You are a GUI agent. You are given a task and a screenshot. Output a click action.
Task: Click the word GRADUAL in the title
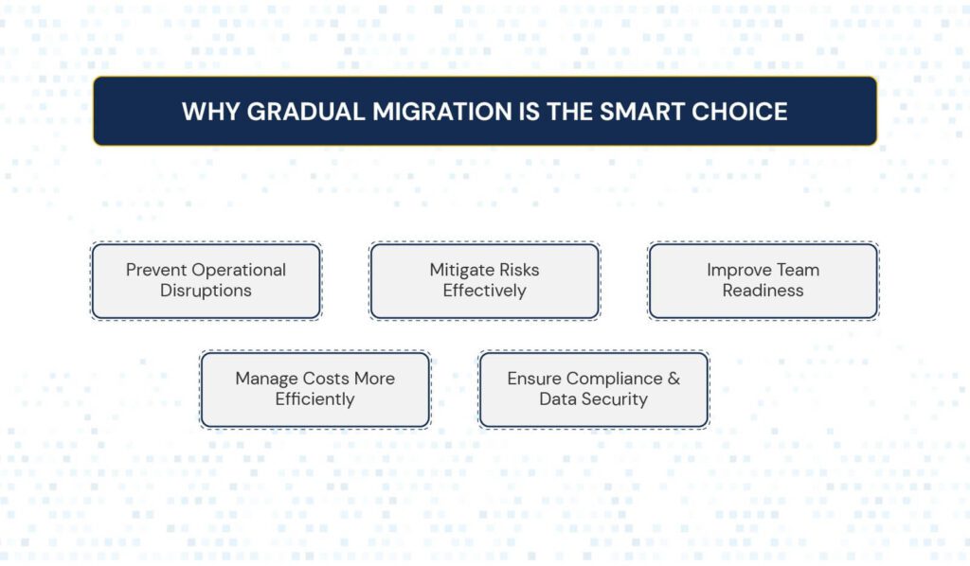coord(306,112)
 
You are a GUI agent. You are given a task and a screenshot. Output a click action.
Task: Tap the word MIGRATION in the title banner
coord(442,112)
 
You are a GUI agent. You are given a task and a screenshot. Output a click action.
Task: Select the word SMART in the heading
coord(641,112)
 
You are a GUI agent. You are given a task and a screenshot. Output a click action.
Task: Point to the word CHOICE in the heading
coord(739,112)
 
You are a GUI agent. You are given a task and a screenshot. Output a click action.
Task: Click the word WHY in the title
coord(210,112)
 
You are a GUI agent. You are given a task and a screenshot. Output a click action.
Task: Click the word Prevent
coord(156,270)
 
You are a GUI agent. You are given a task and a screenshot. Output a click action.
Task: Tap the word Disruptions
coord(206,291)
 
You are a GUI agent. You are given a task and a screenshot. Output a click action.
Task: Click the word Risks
coord(516,270)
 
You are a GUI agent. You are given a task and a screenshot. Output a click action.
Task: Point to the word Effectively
coord(484,291)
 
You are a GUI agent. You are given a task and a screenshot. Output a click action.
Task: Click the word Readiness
coord(763,291)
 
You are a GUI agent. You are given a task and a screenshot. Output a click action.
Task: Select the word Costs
coord(326,379)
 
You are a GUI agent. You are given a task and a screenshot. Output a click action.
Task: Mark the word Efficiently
coord(314,399)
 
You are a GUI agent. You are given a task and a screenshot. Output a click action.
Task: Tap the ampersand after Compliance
coord(674,379)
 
